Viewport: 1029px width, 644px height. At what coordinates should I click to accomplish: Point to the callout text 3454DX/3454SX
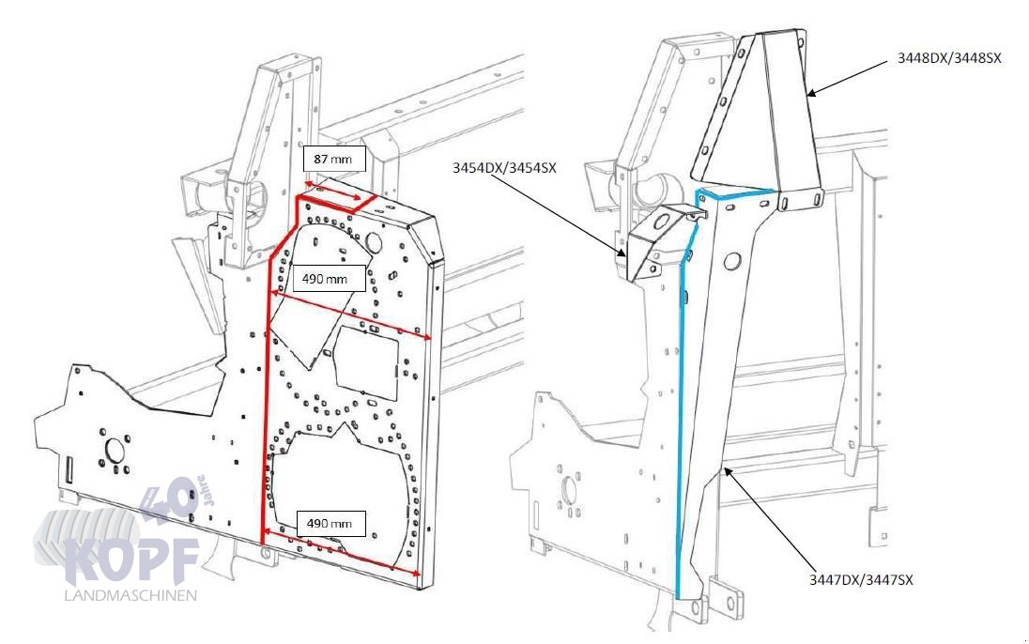pyautogui.click(x=503, y=169)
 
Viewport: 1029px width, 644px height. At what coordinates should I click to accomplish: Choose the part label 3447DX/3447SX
pyautogui.click(x=861, y=580)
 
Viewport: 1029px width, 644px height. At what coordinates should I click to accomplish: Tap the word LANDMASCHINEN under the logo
pyautogui.click(x=131, y=596)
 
